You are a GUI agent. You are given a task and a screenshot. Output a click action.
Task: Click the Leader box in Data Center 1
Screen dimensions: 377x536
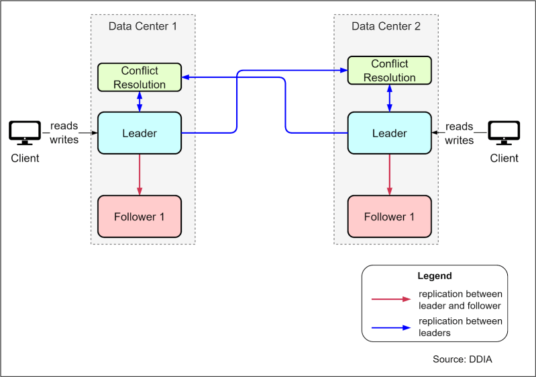coord(140,133)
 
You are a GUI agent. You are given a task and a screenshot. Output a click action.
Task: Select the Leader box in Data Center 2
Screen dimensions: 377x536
coord(389,133)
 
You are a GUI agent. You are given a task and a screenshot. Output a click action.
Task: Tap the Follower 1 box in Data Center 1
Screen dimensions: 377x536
coord(140,216)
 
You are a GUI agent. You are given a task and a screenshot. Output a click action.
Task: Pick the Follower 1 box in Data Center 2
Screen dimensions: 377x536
coord(389,216)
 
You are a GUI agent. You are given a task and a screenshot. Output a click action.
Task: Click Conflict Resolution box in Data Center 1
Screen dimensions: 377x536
coord(140,77)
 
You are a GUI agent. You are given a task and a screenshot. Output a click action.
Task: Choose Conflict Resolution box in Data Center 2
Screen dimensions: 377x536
coord(389,71)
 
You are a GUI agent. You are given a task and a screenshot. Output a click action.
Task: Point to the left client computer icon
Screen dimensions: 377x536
coord(25,133)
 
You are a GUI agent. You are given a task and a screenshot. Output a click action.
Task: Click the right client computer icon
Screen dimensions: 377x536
coord(504,133)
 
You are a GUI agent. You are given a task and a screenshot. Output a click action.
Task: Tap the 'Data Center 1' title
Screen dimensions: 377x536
coord(143,26)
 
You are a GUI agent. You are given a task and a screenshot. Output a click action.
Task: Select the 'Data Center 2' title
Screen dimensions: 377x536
coord(386,26)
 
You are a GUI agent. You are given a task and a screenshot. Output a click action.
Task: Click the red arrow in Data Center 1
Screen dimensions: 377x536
coord(140,174)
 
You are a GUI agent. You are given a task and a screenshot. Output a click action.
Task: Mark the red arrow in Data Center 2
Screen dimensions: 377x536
coord(389,174)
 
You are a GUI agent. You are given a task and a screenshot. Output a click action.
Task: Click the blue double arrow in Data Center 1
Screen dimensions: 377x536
coord(140,101)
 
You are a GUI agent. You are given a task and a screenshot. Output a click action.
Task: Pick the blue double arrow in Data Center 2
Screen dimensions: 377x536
coord(389,98)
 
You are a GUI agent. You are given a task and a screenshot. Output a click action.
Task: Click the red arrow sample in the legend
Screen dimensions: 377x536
coord(390,300)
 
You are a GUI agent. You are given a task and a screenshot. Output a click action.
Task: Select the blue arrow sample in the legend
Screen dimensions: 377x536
coord(390,327)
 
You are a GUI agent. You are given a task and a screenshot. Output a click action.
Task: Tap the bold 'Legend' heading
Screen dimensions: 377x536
coord(435,276)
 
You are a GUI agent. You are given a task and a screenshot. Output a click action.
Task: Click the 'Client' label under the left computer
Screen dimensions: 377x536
coord(25,159)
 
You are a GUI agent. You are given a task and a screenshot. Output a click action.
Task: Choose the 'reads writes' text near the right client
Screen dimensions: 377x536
coord(460,133)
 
